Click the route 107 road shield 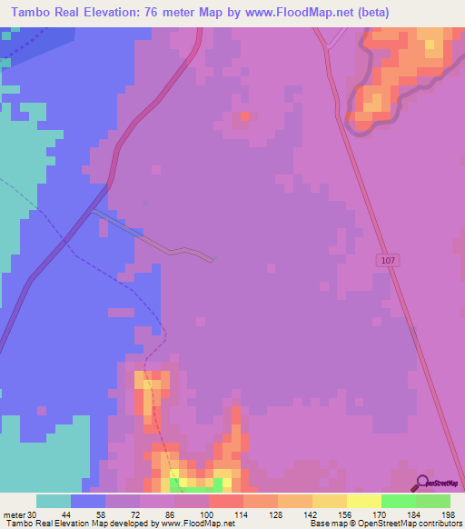tap(388, 260)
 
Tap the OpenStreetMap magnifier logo tap(423, 483)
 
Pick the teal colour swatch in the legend tap(54, 501)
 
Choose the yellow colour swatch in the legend tap(363, 501)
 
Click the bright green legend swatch tap(398, 501)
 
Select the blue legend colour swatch tap(88, 501)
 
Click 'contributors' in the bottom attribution tap(439, 523)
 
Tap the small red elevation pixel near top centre tap(244, 116)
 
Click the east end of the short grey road tap(212, 260)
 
